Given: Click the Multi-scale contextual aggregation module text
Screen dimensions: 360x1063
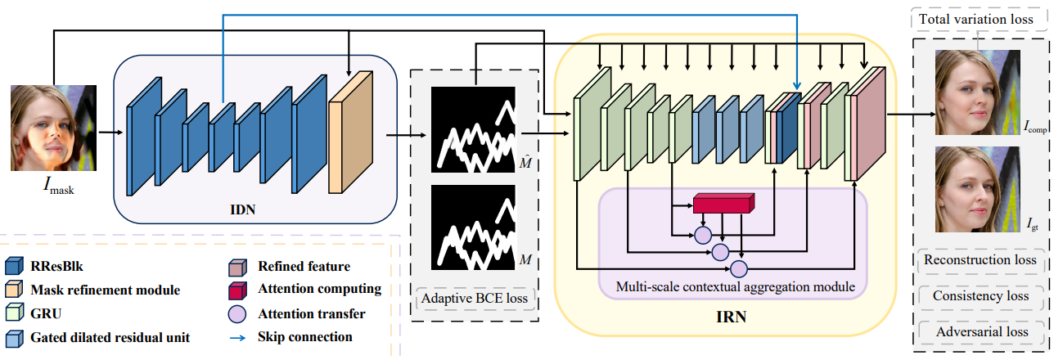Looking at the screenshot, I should coord(732,286).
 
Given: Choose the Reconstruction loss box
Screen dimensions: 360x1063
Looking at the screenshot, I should coord(980,260).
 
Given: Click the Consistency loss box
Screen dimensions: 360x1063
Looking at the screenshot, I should coord(980,296).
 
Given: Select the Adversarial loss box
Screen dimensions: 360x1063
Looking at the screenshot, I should coord(980,332).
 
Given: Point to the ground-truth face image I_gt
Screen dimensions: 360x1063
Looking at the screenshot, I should coord(977,188).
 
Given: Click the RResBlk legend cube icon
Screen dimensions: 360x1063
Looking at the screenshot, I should coord(15,266).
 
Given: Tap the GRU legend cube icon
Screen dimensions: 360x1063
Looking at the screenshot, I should coord(15,313).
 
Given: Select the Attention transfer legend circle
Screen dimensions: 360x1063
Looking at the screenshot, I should coord(236,313).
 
